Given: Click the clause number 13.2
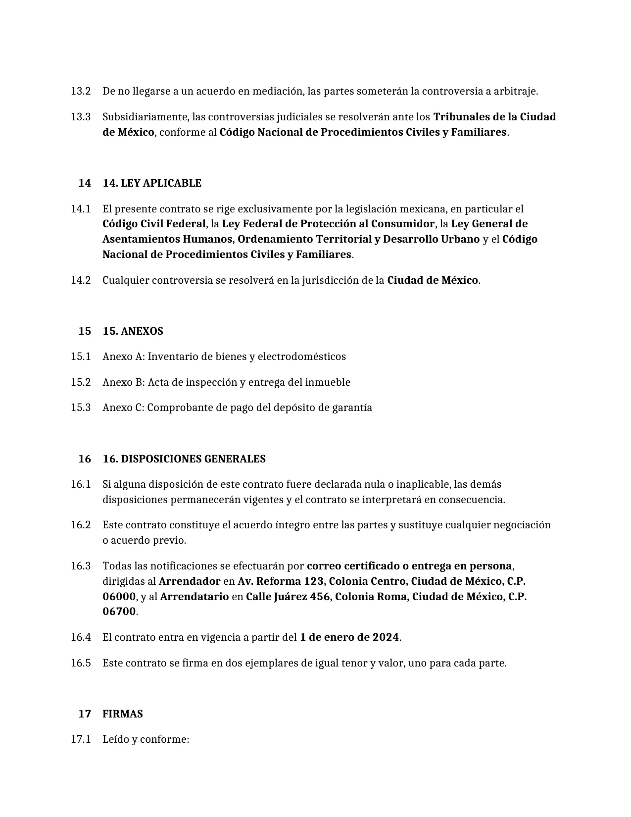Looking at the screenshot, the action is pos(81,91).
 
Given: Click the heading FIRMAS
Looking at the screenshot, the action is pos(123,714).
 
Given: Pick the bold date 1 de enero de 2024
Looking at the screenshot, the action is pos(349,637).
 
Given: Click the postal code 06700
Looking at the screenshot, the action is pos(119,612).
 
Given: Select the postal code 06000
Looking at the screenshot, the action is pos(119,597).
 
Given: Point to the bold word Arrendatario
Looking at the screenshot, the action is pos(194,597).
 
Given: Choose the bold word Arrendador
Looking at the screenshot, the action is pos(190,581).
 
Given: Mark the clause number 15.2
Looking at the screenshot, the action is pos(81,382).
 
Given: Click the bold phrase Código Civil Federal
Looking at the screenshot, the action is pos(154,224).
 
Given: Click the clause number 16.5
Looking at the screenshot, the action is pos(81,663).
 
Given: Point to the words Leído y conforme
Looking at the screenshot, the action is pos(146,739).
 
